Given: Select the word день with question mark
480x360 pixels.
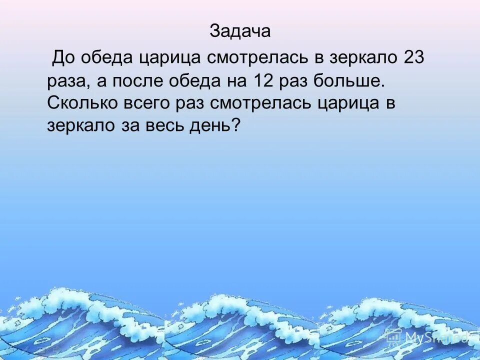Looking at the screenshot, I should [x=214, y=125].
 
